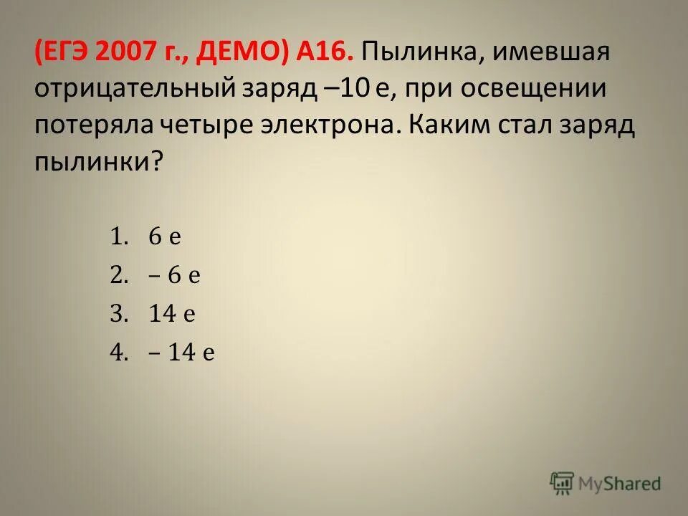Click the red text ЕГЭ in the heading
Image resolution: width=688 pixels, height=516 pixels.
[x=70, y=52]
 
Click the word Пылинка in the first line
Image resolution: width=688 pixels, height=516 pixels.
[x=417, y=52]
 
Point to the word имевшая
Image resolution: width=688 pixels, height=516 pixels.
[x=547, y=52]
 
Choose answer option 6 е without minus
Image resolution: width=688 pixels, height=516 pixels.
[x=165, y=237]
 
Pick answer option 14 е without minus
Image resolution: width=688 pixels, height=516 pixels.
[x=173, y=315]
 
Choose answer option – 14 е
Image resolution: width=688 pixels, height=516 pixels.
[x=182, y=353]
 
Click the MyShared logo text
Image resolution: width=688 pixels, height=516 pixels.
[x=620, y=484]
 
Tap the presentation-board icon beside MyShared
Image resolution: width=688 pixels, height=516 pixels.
[x=562, y=482]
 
